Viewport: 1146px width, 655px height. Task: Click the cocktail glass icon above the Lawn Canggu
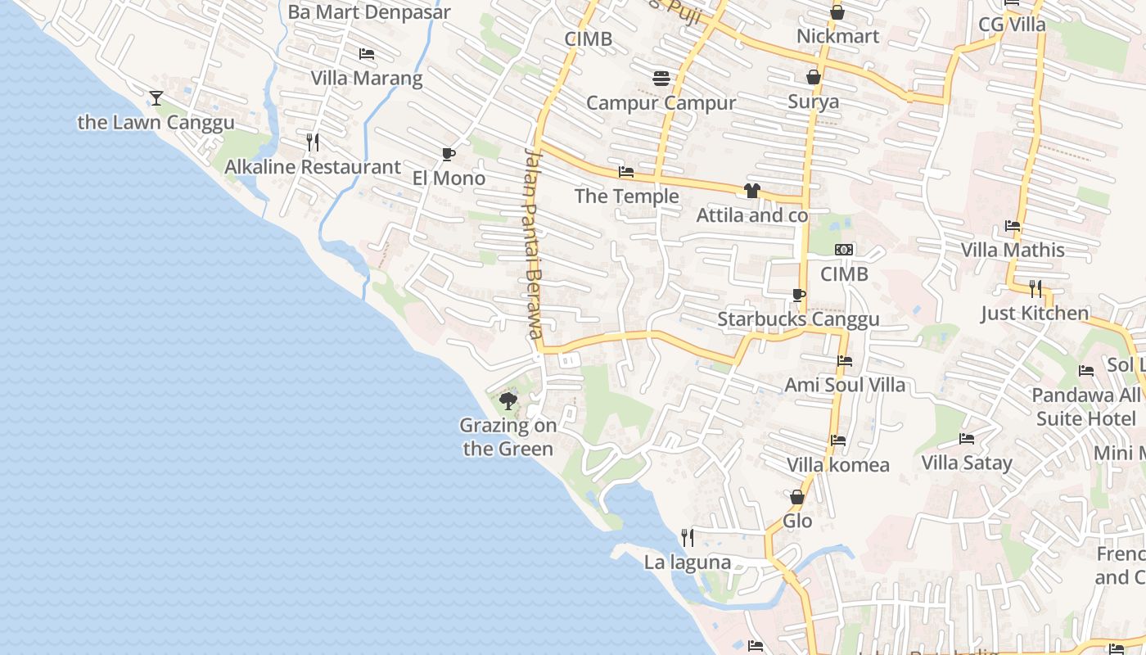[156, 98]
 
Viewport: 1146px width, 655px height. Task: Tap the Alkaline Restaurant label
[313, 167]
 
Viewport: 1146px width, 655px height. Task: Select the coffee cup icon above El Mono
[448, 154]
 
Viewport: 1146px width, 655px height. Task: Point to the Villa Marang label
[366, 79]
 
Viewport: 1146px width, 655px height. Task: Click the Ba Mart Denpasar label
[369, 12]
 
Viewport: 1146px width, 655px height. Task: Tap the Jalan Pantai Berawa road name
[534, 244]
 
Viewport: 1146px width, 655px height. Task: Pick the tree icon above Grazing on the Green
[508, 401]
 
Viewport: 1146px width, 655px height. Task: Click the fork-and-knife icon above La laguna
[688, 538]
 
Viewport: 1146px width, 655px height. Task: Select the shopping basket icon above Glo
[797, 497]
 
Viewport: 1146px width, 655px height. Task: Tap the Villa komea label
[837, 465]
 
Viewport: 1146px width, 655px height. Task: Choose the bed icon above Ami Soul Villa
[845, 361]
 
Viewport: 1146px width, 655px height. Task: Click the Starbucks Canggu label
[798, 319]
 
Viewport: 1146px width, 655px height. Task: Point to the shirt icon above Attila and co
[752, 191]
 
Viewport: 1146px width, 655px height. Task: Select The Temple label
[626, 196]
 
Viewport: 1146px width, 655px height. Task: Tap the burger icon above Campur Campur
[661, 78]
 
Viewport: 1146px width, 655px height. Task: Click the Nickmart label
[837, 36]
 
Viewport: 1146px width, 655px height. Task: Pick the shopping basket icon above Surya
[813, 77]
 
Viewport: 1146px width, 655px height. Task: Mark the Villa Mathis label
[1013, 250]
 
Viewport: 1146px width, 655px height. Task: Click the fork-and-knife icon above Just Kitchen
[1035, 288]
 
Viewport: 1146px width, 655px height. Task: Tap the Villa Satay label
[967, 463]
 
